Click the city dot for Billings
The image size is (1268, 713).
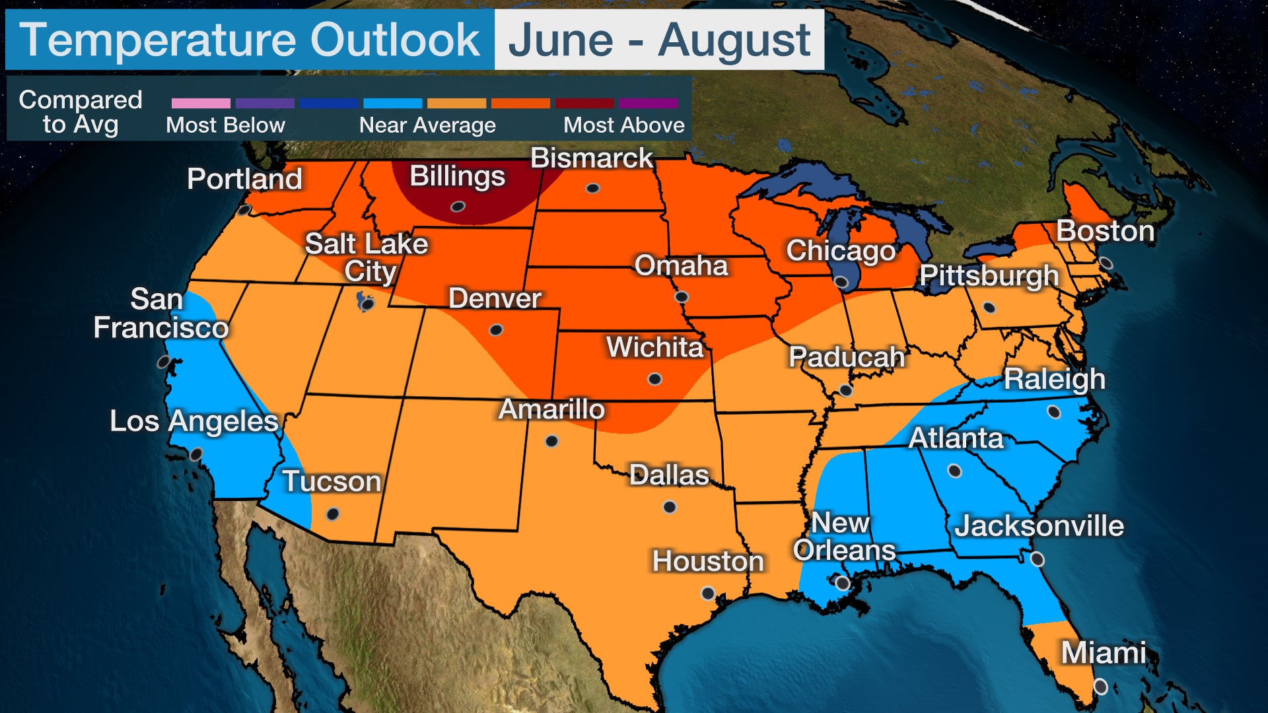coord(458,207)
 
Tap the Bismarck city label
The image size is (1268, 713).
coord(591,158)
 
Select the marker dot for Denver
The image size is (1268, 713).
coord(496,329)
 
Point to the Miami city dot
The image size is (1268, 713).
coord(1100,687)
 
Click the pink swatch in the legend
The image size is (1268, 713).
coord(201,104)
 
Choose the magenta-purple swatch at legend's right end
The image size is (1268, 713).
coord(648,104)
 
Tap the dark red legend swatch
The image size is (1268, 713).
coord(584,104)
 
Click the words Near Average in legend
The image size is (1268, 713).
coord(427,125)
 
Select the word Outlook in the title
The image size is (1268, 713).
coord(395,40)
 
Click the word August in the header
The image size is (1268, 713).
coord(734,40)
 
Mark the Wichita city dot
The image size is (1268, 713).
coord(654,379)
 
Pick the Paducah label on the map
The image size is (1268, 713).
coord(846,357)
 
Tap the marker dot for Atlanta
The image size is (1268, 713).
coord(954,471)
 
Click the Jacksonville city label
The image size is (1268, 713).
coord(1039,526)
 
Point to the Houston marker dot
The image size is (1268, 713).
coord(707,593)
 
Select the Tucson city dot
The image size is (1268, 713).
coord(333,514)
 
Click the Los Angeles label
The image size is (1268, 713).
coord(194,421)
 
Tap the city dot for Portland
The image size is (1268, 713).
coord(244,210)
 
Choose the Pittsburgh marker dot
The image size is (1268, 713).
coord(989,308)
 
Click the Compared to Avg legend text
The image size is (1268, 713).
coord(81,112)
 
